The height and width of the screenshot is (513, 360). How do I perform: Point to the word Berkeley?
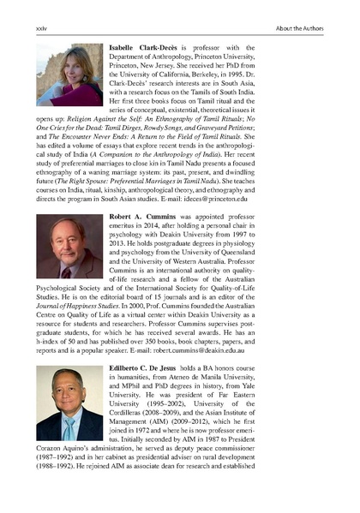pos(267,75)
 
